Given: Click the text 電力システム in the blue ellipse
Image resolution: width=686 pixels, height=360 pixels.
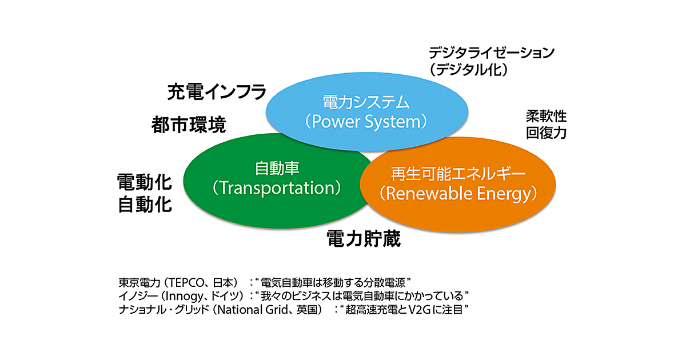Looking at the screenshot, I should pos(366,103).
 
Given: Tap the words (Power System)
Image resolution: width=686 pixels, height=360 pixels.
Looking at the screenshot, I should pos(366,122).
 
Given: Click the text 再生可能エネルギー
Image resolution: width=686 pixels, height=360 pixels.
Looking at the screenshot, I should pos(458,174).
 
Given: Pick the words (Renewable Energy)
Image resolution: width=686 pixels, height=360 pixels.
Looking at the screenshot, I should pos(458,193).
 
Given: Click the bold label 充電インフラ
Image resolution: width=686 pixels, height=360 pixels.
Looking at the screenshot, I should pos(217,91).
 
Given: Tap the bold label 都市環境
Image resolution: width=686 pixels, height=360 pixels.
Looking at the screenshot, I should pos(189,124).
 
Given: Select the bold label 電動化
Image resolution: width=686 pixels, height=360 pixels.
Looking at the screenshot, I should pos(145,182).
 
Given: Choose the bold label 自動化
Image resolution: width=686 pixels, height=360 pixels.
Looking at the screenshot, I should pos(145,204).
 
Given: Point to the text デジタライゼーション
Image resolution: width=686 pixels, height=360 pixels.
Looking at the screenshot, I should pos(492,53).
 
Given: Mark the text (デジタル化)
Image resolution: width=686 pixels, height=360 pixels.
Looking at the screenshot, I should pos(469,70).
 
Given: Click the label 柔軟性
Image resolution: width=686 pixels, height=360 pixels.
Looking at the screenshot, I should pos(546,117).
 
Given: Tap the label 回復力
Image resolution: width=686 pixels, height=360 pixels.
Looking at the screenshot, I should pos(546,133).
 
